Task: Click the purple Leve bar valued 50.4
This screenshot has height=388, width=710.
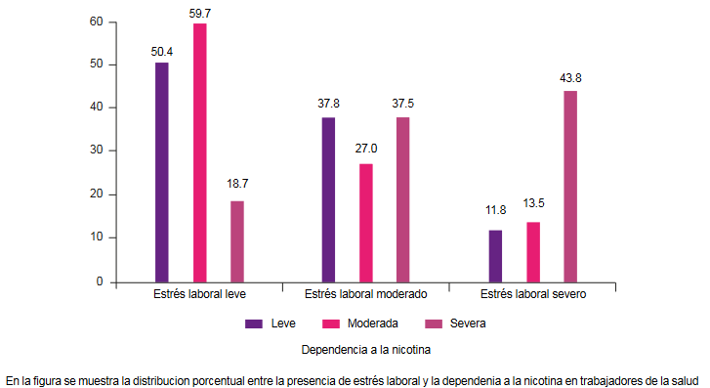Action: [162, 172]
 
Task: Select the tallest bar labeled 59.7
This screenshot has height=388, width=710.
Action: [199, 152]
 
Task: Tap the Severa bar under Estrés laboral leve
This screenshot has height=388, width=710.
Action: [237, 241]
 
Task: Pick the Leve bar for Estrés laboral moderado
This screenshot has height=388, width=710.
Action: [328, 199]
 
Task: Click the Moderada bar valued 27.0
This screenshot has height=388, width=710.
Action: [365, 223]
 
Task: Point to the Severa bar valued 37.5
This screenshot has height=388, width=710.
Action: [402, 199]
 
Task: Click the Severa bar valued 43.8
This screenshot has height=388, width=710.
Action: [570, 186]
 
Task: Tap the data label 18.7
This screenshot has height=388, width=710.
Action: [237, 183]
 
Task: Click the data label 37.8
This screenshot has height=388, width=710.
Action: [328, 100]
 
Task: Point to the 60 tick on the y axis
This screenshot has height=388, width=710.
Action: [96, 21]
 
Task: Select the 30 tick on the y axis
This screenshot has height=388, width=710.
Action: [96, 151]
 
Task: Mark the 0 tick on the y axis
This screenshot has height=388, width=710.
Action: [100, 281]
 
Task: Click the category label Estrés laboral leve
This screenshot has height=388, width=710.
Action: [199, 294]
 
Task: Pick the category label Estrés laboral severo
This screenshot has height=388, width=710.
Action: [533, 294]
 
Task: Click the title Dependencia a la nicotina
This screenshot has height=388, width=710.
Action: [365, 349]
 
